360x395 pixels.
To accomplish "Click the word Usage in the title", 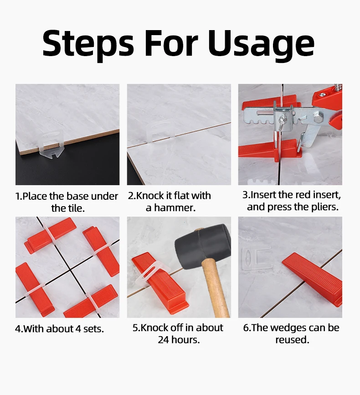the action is pyautogui.click(x=261, y=45).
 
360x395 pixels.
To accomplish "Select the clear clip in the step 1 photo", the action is pyautogui.click(x=52, y=144).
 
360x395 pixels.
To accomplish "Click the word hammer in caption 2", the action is pyautogui.click(x=175, y=208).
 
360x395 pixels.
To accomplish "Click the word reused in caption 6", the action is pyautogui.click(x=292, y=340).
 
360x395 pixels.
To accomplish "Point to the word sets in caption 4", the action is pyautogui.click(x=93, y=329).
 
